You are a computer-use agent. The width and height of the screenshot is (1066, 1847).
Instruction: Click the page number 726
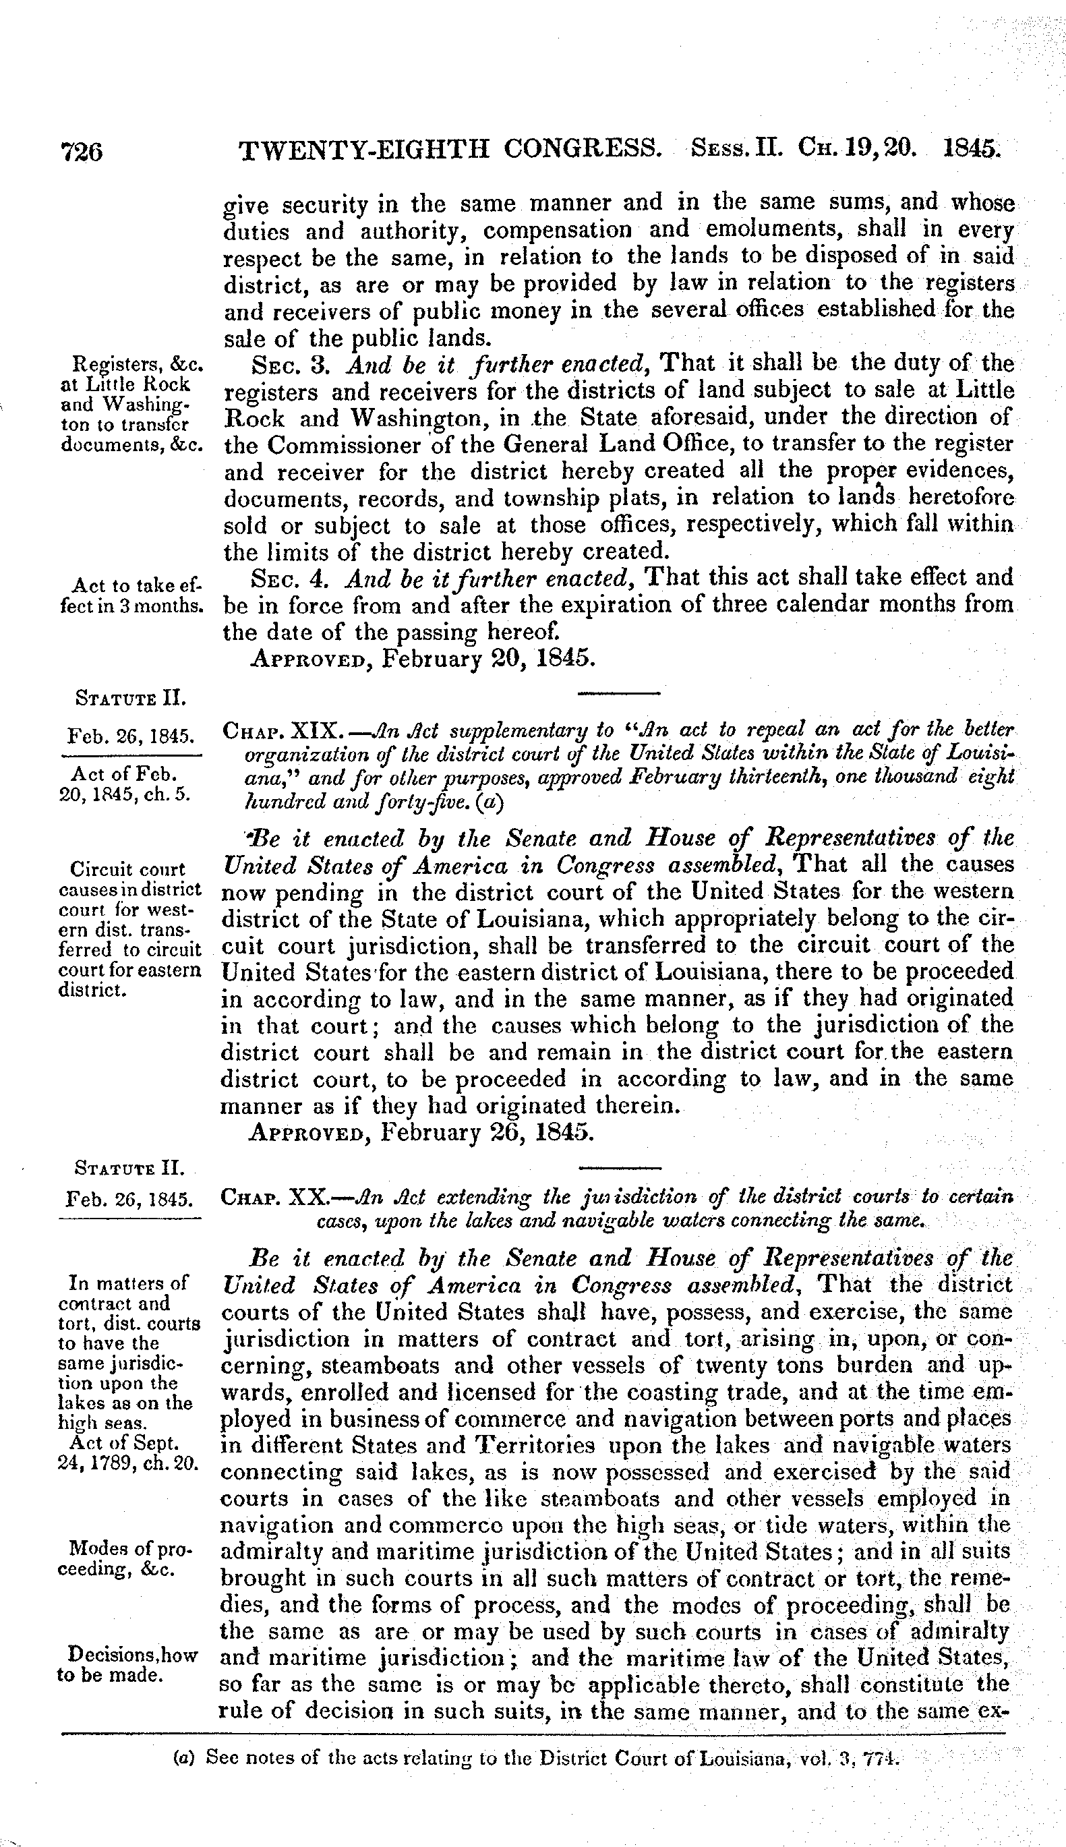tap(82, 151)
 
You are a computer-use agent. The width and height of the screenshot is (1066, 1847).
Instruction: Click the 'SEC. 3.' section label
tap(293, 364)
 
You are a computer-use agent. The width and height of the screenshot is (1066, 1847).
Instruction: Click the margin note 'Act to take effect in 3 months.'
tap(130, 596)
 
